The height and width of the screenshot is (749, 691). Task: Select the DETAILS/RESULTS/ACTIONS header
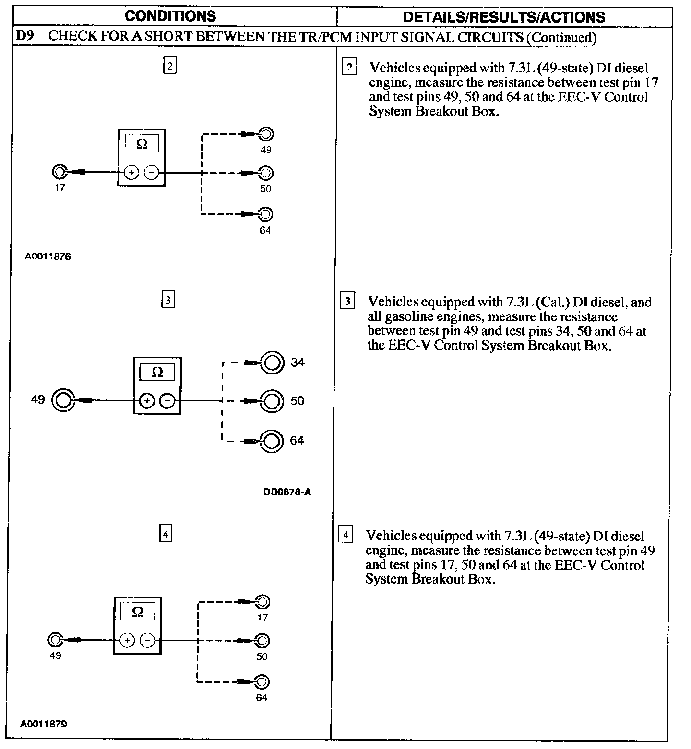click(x=504, y=17)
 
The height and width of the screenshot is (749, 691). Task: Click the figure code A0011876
click(x=48, y=257)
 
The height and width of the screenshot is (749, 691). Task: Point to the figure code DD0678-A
click(x=287, y=492)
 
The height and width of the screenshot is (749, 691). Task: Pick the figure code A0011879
click(x=43, y=724)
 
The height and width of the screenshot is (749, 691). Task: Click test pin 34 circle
click(x=272, y=363)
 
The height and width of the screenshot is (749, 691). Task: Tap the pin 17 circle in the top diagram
click(x=59, y=172)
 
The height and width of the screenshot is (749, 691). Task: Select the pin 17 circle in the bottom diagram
click(x=262, y=602)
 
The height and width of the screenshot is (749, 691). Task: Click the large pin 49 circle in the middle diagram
click(x=62, y=400)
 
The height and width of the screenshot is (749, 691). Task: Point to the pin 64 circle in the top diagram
click(x=265, y=214)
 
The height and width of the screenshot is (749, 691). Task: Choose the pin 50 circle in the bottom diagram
click(x=262, y=641)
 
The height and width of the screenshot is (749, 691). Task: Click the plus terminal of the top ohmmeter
click(x=131, y=172)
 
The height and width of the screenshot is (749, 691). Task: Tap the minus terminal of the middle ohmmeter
click(x=167, y=400)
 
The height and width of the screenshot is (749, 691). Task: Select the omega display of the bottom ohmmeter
click(x=137, y=612)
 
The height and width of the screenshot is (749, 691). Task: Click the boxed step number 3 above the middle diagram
click(x=167, y=300)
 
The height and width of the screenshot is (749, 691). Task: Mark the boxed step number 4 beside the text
click(x=345, y=534)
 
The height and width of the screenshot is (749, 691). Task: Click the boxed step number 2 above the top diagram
click(x=170, y=65)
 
